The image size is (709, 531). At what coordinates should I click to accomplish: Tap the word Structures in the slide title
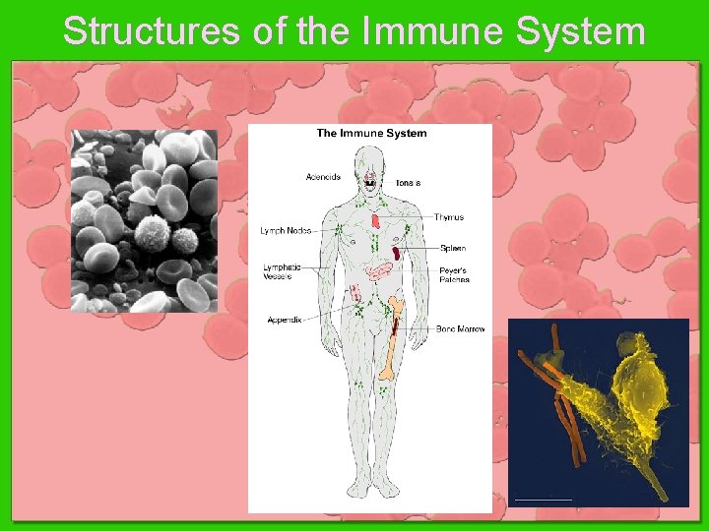[x=151, y=31]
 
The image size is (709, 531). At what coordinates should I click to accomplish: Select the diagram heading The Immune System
[x=371, y=133]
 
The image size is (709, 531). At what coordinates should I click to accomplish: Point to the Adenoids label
[x=323, y=178]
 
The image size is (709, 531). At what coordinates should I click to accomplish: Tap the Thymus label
[x=448, y=217]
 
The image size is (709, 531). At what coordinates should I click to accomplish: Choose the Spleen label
[x=453, y=248]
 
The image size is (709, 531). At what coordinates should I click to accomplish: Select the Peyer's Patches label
[x=454, y=274]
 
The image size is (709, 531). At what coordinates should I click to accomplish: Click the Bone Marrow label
[x=460, y=328]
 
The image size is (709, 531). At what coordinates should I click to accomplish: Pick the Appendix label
[x=285, y=321]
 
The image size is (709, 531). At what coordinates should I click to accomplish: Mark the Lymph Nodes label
[x=286, y=231]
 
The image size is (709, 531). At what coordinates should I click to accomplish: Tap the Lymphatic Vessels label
[x=283, y=271]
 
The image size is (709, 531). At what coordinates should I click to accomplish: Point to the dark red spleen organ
[x=396, y=252]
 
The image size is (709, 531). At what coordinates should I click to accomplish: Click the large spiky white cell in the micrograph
[x=154, y=236]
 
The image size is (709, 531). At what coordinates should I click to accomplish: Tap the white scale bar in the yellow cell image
[x=543, y=499]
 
